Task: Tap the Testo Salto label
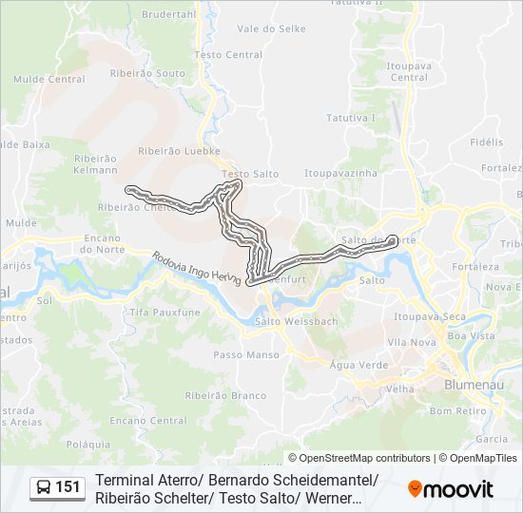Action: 250,174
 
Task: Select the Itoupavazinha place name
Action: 340,174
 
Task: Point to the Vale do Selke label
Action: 271,29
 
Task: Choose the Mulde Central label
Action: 51,80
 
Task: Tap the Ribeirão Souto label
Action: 147,73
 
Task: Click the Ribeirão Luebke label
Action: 179,150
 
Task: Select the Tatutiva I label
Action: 351,118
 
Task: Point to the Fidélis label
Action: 486,142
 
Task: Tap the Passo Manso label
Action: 246,354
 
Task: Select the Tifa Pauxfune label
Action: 165,312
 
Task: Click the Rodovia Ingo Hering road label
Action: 195,266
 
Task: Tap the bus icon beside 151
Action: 44,488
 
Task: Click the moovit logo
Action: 451,489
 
